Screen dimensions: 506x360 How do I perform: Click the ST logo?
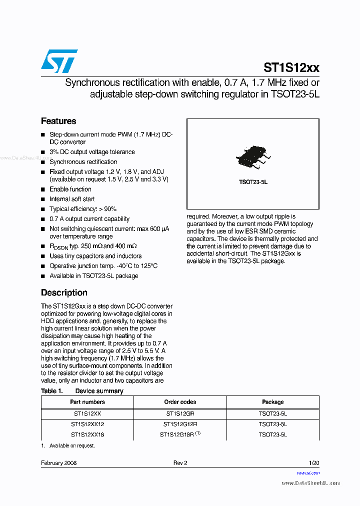coord(59,61)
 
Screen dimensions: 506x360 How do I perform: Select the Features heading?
coord(58,121)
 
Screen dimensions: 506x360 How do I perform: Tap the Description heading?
coord(64,292)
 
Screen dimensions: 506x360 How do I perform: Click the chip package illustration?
coord(253,156)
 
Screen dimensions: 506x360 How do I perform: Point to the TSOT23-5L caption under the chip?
coord(253,182)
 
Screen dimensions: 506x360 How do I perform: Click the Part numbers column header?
coord(87,402)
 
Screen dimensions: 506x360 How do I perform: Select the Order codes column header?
coord(180,402)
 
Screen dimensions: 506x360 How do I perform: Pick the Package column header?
coord(273,402)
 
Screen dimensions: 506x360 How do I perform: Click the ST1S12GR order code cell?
coord(180,414)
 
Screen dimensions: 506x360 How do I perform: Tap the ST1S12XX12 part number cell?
coord(87,424)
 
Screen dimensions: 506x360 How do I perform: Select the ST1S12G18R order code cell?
coord(178,434)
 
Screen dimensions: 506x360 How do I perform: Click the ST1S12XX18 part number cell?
coord(87,434)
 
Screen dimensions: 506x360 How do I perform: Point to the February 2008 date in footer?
coord(59,463)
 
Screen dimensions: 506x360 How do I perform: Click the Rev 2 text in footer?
coord(180,463)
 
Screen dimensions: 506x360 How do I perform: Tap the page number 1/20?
coord(314,463)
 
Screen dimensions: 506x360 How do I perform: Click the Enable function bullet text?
coord(70,189)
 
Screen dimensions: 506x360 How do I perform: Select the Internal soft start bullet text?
coord(72,199)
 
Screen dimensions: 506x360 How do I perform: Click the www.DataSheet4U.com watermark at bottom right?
coord(311,483)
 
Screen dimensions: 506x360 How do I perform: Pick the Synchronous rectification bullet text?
coord(83,162)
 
